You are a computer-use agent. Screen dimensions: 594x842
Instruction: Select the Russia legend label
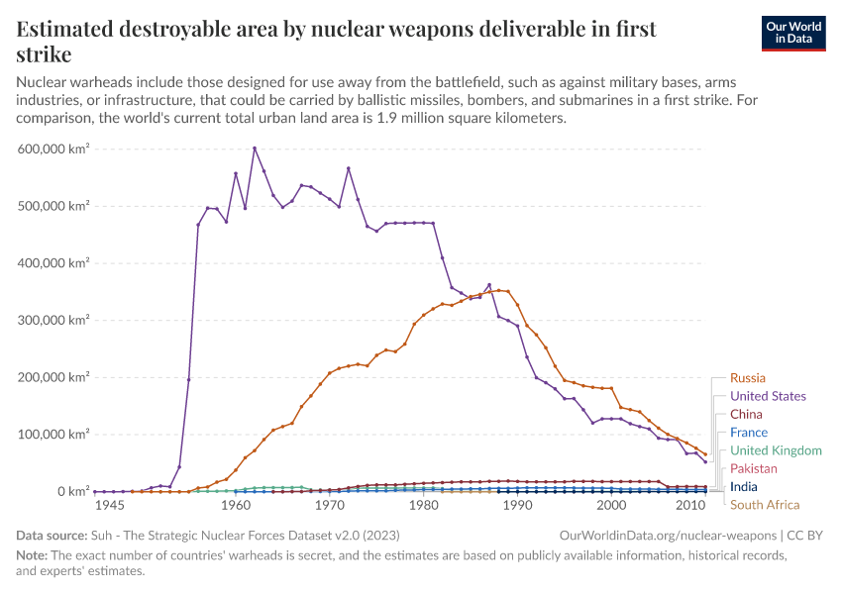(747, 378)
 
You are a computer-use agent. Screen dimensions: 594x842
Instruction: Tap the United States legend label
(768, 396)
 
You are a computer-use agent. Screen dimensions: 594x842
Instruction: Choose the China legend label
(746, 414)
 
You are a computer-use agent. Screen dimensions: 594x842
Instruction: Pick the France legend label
(748, 433)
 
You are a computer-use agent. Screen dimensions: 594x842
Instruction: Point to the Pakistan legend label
(753, 468)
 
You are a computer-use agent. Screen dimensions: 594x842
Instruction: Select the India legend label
(743, 487)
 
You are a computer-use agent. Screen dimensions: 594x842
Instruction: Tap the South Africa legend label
(764, 505)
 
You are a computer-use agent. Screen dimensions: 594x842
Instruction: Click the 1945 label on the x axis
(109, 506)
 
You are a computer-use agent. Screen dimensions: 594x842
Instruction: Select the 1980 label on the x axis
(424, 506)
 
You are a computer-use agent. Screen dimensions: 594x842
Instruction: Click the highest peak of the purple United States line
(255, 148)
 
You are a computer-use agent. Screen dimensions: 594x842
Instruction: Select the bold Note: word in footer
(33, 555)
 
